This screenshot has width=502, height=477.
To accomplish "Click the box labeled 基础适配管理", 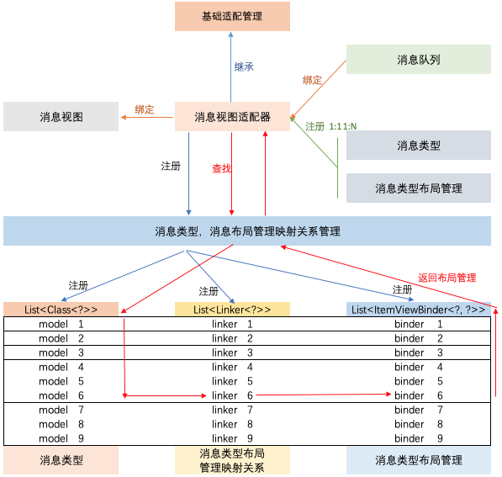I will click(x=232, y=16).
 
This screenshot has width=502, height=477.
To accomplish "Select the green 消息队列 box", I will click(x=418, y=60).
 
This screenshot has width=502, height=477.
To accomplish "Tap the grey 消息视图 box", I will click(x=61, y=116).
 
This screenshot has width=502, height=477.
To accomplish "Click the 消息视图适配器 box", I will click(x=232, y=117).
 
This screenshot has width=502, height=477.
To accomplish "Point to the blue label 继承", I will click(x=243, y=66).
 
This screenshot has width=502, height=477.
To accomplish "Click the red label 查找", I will click(x=222, y=168).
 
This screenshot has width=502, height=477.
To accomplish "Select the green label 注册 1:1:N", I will click(x=330, y=126).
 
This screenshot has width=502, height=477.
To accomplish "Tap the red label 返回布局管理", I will click(x=447, y=277).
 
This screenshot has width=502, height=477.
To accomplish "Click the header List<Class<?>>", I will click(x=61, y=310).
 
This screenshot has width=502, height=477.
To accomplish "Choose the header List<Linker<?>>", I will click(x=231, y=310).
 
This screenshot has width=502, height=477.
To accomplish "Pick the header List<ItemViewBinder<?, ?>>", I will click(x=418, y=310).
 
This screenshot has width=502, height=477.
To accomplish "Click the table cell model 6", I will click(x=61, y=395).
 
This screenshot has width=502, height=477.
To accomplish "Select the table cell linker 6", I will click(x=231, y=395).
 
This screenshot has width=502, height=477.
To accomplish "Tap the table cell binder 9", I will click(x=418, y=438).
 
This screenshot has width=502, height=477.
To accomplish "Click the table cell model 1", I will click(x=61, y=324).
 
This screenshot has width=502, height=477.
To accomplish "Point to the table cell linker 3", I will click(x=231, y=352).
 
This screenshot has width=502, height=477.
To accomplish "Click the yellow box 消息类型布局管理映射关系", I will click(x=231, y=460).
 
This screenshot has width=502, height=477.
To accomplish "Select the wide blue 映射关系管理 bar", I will click(x=247, y=231).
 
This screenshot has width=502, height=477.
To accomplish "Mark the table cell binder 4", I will click(x=418, y=367).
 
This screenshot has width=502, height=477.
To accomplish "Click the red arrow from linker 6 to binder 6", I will click(x=324, y=394).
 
